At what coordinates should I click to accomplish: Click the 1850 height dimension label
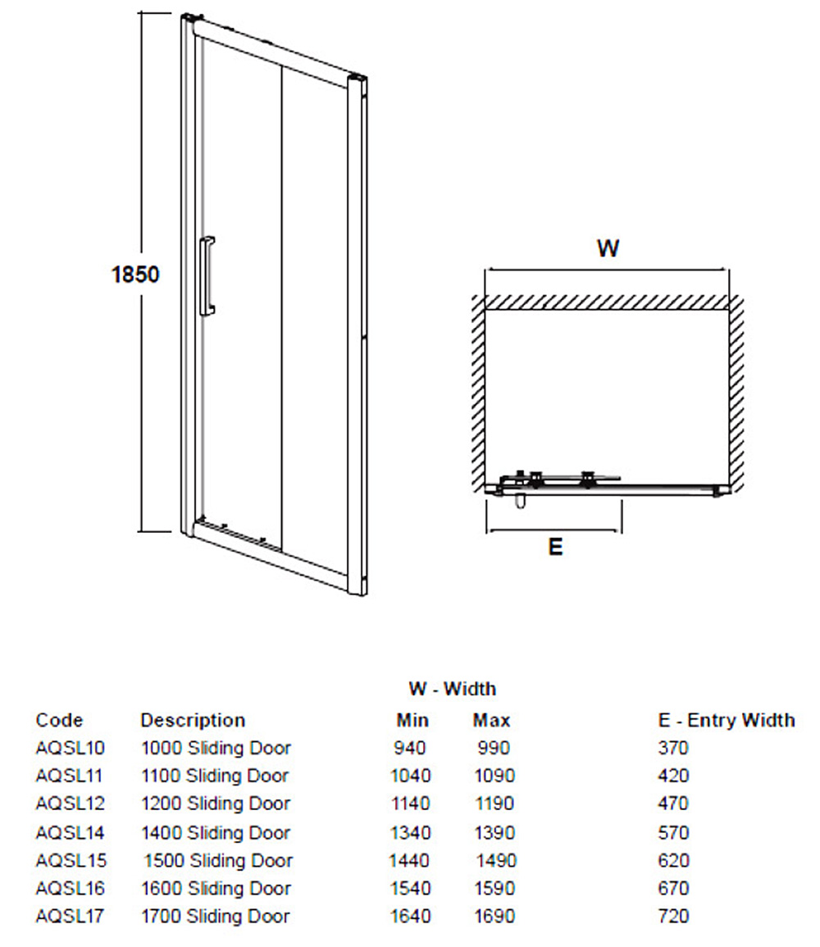click(135, 275)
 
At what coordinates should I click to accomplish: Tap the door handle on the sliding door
click(206, 275)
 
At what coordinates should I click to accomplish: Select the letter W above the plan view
click(608, 248)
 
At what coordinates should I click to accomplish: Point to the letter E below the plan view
click(555, 547)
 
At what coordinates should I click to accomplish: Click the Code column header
click(59, 720)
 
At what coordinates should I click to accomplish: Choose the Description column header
click(193, 720)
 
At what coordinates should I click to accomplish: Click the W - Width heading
click(453, 689)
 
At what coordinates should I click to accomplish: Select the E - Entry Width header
click(727, 720)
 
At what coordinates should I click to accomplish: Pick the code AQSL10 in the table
click(70, 748)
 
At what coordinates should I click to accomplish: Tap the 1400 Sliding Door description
click(216, 833)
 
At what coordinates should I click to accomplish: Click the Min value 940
click(409, 748)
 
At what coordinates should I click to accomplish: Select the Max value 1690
click(494, 916)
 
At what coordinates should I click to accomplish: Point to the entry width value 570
click(673, 833)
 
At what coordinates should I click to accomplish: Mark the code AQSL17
click(70, 916)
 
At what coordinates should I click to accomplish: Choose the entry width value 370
click(673, 748)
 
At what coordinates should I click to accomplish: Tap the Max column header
click(491, 720)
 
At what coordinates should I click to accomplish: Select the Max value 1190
click(494, 804)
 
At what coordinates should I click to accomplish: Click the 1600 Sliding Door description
click(216, 889)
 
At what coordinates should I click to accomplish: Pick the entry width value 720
click(673, 916)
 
